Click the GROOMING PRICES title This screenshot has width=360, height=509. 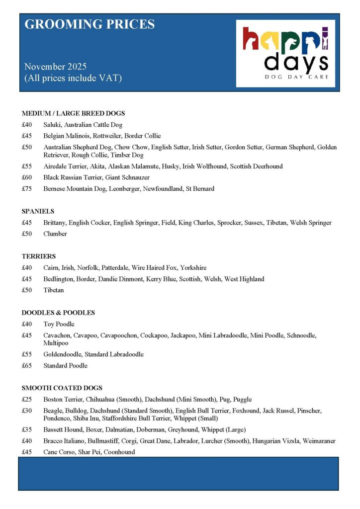pyautogui.click(x=90, y=24)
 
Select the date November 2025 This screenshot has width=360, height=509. pyautogui.click(x=55, y=67)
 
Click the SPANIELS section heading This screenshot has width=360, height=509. pyautogui.click(x=38, y=211)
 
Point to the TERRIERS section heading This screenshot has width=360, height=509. pyautogui.click(x=39, y=256)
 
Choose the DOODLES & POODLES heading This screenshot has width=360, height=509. pyautogui.click(x=58, y=313)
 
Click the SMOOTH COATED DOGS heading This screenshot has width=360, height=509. pyautogui.click(x=62, y=388)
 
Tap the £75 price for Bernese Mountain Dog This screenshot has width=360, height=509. pyautogui.click(x=27, y=189)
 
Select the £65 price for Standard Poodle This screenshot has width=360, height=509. pyautogui.click(x=27, y=365)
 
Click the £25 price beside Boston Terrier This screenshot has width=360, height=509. pyautogui.click(x=27, y=399)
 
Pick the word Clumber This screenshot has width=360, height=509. pyautogui.click(x=55, y=234)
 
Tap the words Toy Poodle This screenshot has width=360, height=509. pyautogui.click(x=59, y=324)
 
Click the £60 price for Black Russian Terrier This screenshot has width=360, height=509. pyautogui.click(x=27, y=177)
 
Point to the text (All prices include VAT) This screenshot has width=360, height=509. pyautogui.click(x=73, y=78)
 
